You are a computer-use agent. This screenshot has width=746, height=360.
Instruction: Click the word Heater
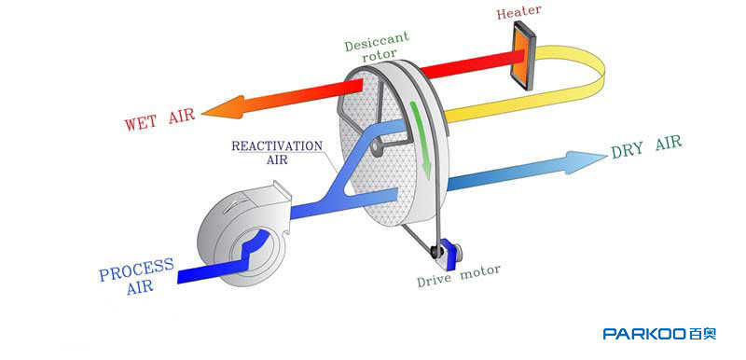[x=519, y=12]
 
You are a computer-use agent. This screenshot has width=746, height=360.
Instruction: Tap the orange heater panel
[x=523, y=56]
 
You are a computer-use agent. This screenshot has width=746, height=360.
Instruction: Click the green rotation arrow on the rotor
[x=421, y=139]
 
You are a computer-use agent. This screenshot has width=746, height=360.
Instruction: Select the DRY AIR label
[x=646, y=147]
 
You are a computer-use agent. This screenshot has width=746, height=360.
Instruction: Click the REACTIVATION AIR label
[x=277, y=152]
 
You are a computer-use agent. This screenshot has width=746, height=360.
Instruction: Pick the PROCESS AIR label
[x=135, y=276]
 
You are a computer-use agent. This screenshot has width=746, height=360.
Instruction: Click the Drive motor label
[x=459, y=276]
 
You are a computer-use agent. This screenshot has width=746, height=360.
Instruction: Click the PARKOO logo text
[x=659, y=334]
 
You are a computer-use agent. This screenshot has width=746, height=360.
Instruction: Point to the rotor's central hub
[x=378, y=147]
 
